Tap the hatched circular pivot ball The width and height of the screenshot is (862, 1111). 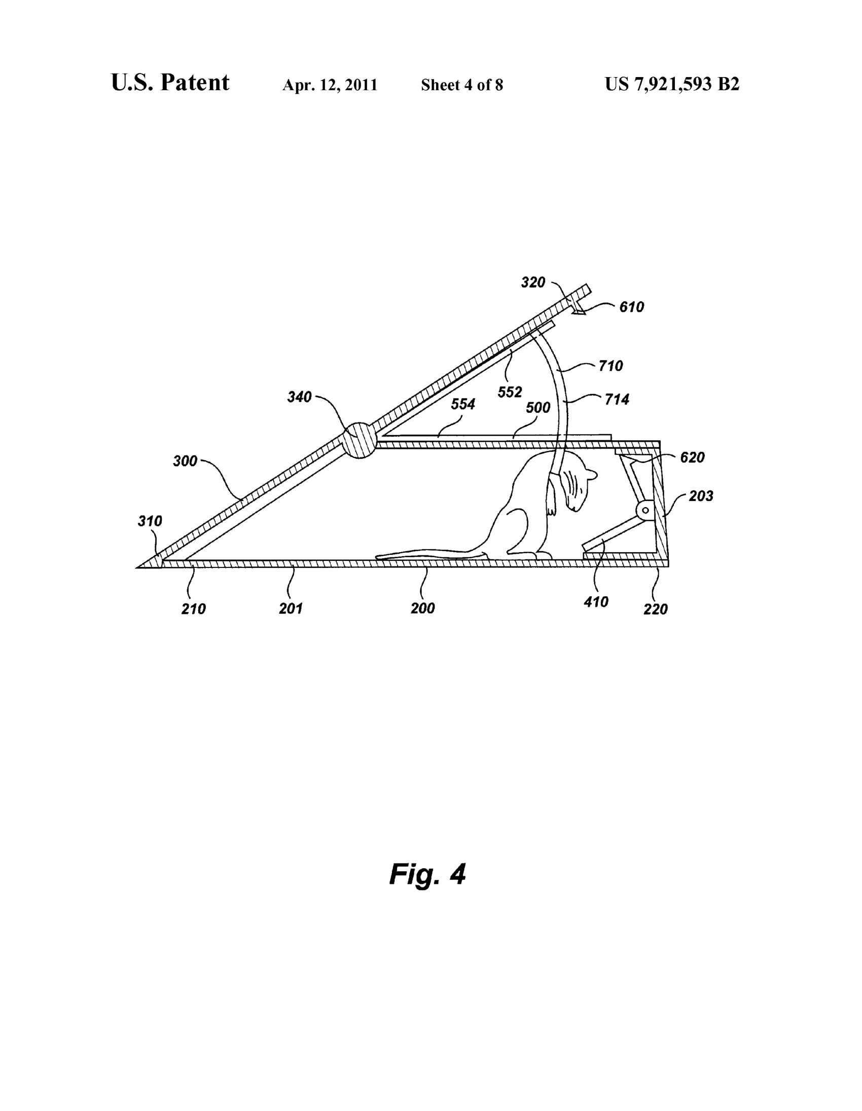[x=359, y=441]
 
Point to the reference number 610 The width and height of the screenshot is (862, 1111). [x=632, y=307]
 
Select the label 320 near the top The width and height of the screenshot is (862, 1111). [x=533, y=282]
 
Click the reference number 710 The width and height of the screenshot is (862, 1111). [x=611, y=366]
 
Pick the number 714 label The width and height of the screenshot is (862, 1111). [x=617, y=400]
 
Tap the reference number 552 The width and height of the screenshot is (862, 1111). [x=510, y=391]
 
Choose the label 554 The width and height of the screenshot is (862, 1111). [x=463, y=404]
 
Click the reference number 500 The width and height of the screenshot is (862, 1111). [x=538, y=408]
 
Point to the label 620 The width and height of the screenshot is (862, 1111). [x=693, y=457]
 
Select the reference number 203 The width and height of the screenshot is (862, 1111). [x=701, y=496]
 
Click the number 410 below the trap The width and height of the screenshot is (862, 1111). [x=596, y=602]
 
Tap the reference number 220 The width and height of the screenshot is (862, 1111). [x=656, y=609]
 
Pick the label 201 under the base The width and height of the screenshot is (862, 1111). [x=291, y=608]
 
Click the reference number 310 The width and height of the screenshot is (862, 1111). [x=150, y=521]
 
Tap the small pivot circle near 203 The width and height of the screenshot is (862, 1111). [x=646, y=509]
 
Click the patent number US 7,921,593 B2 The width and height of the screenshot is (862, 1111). [x=672, y=84]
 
